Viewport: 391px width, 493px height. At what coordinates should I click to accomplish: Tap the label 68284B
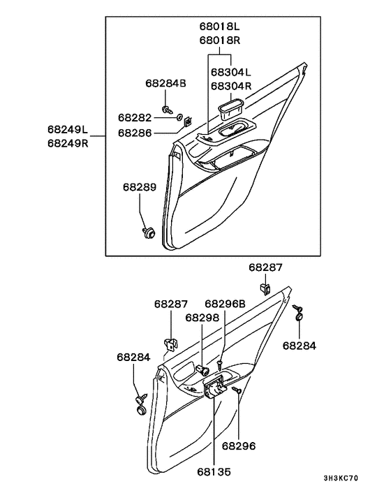pos(165,83)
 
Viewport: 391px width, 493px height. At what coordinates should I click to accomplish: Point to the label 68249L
pos(68,129)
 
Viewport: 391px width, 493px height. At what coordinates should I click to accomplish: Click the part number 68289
pos(140,187)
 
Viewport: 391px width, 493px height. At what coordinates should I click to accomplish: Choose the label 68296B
pos(225,304)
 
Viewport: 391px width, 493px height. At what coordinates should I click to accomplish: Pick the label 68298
pos(202,317)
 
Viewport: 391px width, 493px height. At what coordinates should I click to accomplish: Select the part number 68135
pos(214,472)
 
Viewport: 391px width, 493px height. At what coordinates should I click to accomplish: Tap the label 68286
pos(135,132)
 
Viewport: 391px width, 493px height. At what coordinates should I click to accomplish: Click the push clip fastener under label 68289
pos(147,232)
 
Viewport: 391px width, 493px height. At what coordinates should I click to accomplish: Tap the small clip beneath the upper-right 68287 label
pos(265,286)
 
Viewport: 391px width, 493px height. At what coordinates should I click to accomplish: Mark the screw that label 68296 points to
pos(238,391)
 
